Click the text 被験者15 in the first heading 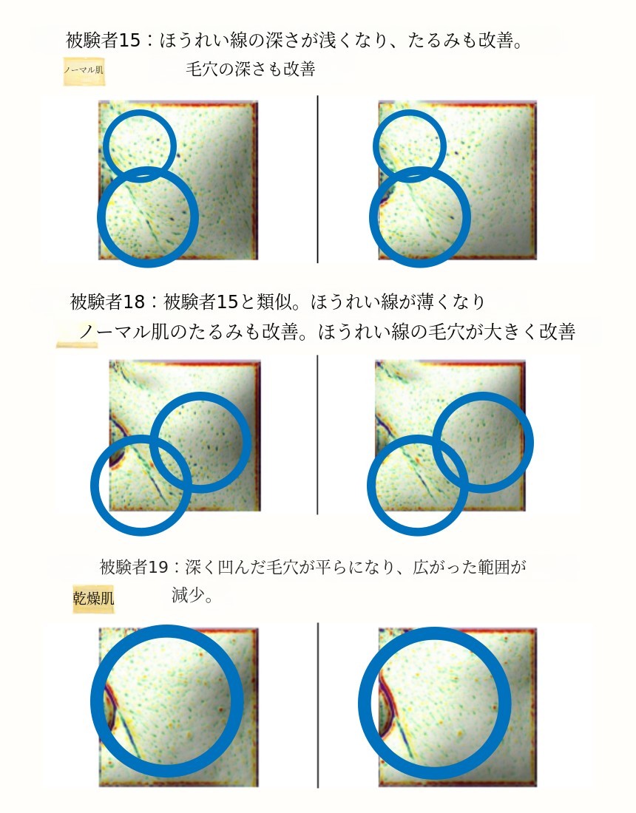[x=104, y=40]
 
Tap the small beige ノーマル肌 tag [x=84, y=70]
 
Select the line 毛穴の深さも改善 [x=251, y=69]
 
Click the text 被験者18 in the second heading [x=107, y=302]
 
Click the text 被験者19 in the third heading [x=135, y=567]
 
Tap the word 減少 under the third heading [x=187, y=595]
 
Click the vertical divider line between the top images [x=317, y=179]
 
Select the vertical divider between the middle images [x=317, y=435]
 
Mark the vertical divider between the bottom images [x=317, y=705]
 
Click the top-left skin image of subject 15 [x=178, y=180]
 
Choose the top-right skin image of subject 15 [x=458, y=180]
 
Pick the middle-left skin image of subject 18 [x=185, y=436]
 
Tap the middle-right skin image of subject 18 [x=450, y=435]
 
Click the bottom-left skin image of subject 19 [x=178, y=707]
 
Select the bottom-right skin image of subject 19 [x=458, y=707]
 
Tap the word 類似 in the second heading [x=274, y=302]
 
